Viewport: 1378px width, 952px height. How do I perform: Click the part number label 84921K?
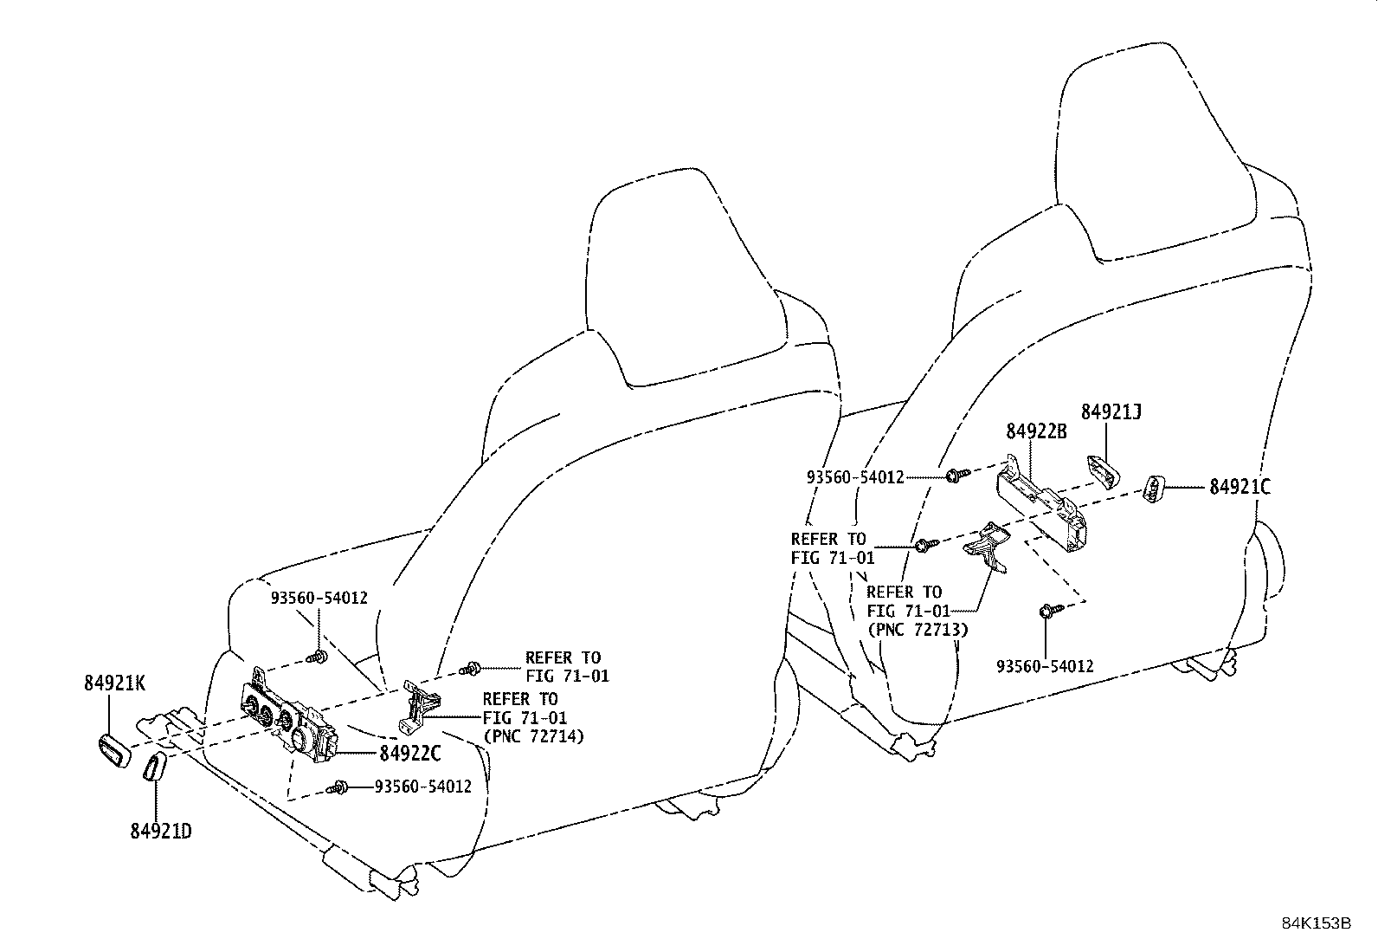[x=114, y=683]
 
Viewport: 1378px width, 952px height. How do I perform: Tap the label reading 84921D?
[x=160, y=831]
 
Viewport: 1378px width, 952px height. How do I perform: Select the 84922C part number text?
[x=410, y=754]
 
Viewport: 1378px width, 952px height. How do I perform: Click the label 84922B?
[x=1036, y=431]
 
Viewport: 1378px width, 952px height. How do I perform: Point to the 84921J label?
[x=1111, y=412]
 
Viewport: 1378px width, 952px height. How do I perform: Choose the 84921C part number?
[x=1240, y=488]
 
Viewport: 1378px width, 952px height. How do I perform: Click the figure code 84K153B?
[x=1316, y=923]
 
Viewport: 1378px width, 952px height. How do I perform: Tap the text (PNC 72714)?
[x=532, y=736]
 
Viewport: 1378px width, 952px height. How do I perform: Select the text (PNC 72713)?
[x=917, y=629]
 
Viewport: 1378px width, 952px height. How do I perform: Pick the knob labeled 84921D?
[x=155, y=767]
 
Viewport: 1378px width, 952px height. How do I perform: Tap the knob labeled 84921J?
[x=1103, y=470]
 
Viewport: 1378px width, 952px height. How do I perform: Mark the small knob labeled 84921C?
[x=1155, y=489]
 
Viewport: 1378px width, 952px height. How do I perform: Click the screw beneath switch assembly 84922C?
[x=341, y=787]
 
